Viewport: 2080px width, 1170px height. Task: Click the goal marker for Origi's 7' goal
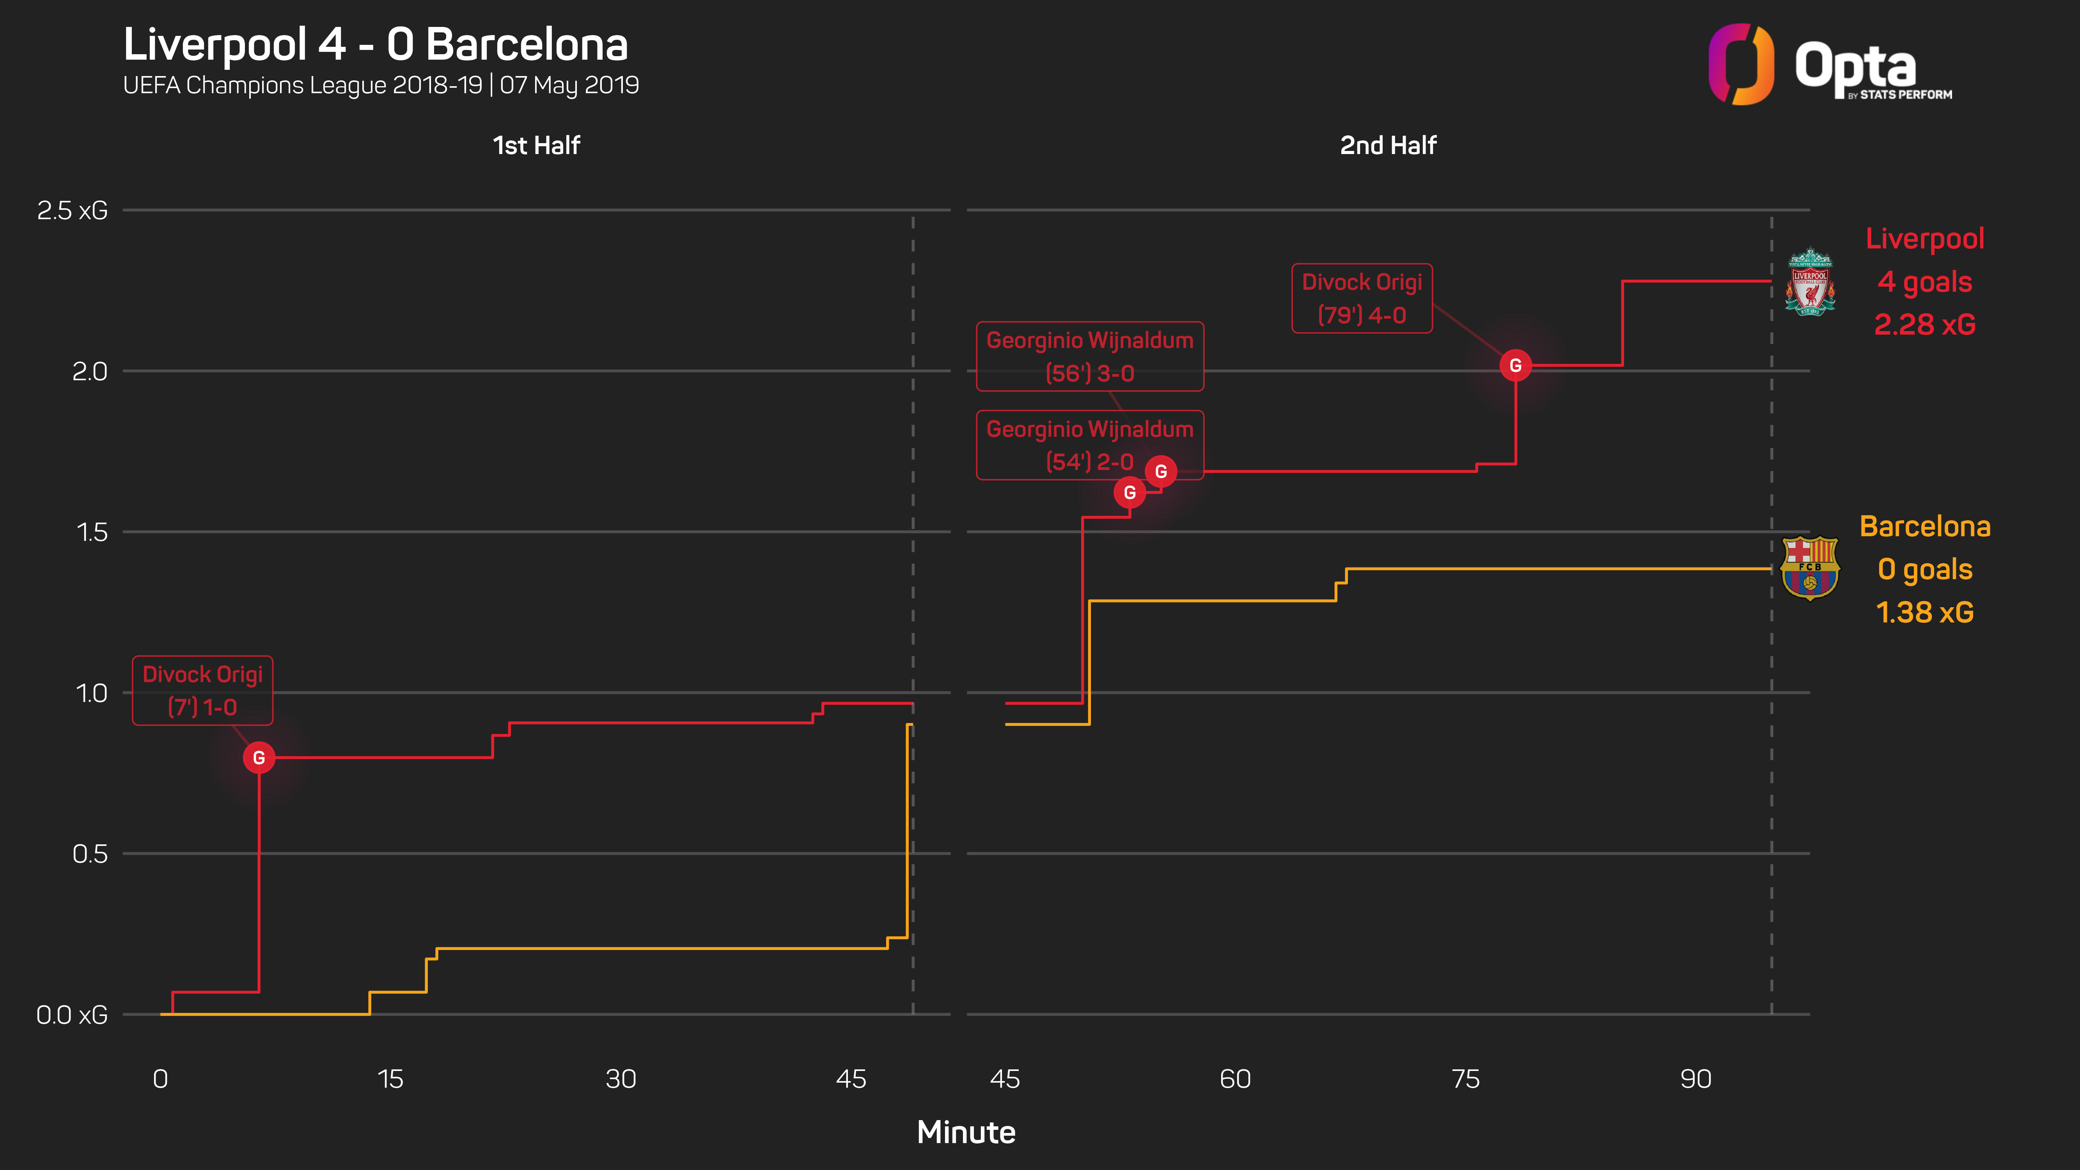tap(258, 757)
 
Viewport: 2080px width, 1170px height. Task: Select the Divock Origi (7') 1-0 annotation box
tap(203, 690)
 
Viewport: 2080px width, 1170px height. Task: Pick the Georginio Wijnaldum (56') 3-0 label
tap(1089, 356)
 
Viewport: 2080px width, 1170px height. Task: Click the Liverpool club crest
tap(1809, 282)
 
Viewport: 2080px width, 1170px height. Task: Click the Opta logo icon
tap(1741, 65)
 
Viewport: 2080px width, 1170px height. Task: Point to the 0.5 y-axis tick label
tap(90, 853)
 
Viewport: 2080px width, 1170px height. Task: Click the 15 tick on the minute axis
tap(390, 1079)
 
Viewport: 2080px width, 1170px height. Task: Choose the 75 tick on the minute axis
tap(1465, 1079)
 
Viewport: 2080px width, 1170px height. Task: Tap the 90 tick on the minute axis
tap(1695, 1079)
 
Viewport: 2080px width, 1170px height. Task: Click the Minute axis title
tap(966, 1132)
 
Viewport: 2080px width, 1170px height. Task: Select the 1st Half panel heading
tap(536, 145)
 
